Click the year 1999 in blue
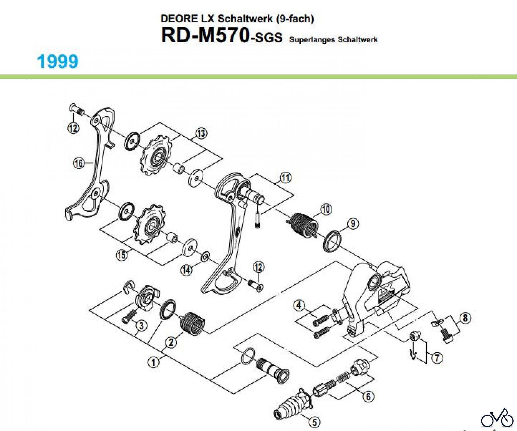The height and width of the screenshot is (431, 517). point(58,61)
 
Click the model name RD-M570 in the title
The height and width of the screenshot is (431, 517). point(205,36)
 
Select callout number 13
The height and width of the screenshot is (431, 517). point(201,133)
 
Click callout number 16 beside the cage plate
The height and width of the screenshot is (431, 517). point(79,163)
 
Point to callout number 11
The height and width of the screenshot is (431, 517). point(285,178)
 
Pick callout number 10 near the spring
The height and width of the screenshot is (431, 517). point(326,209)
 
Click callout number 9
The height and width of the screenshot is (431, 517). point(353,223)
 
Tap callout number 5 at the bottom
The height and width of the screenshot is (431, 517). point(314,422)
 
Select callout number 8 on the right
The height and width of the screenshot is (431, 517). point(465,318)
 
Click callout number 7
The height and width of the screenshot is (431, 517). point(437,358)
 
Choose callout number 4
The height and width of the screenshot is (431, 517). point(299,305)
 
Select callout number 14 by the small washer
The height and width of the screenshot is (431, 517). point(186,270)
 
